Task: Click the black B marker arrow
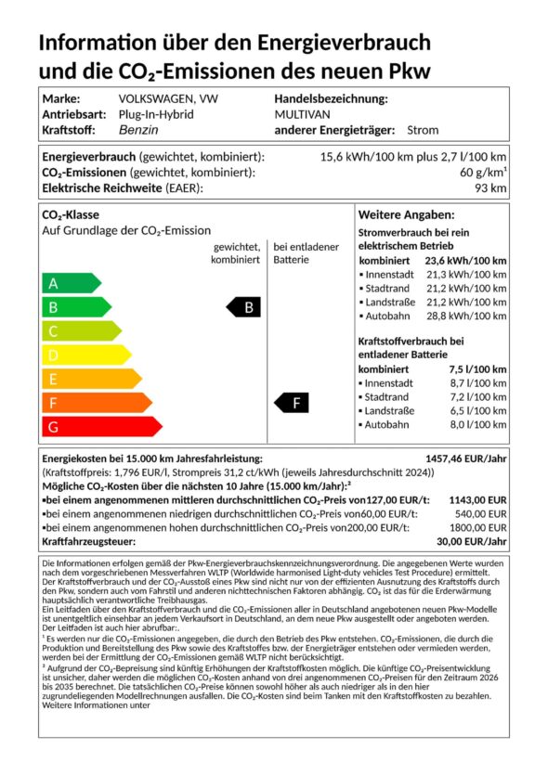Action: [x=244, y=307]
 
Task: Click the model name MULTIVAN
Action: [x=301, y=114]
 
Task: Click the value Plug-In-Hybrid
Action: [x=155, y=114]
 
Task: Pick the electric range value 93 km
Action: [x=492, y=188]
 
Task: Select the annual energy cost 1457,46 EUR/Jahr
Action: [x=465, y=459]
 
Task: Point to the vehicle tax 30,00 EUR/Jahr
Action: [x=472, y=541]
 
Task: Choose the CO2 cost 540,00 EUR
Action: [x=480, y=513]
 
